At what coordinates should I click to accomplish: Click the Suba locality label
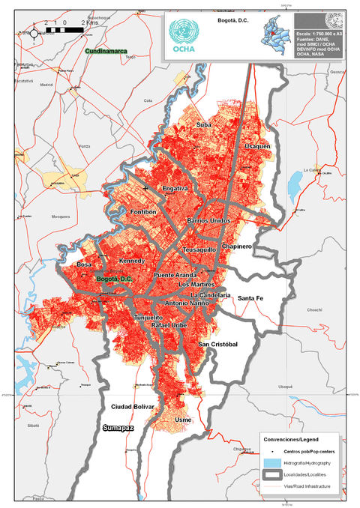tap(202, 124)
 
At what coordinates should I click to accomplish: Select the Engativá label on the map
tap(175, 189)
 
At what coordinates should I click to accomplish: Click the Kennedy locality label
tap(131, 261)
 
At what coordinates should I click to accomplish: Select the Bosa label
tap(83, 265)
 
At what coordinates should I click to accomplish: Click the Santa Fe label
tap(252, 298)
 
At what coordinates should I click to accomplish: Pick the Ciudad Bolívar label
tap(132, 407)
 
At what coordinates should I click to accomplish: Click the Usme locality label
tap(183, 420)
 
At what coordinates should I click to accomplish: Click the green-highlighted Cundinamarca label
tap(106, 51)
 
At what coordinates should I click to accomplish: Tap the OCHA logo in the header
tap(184, 35)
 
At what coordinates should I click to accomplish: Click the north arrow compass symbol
tap(34, 32)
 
